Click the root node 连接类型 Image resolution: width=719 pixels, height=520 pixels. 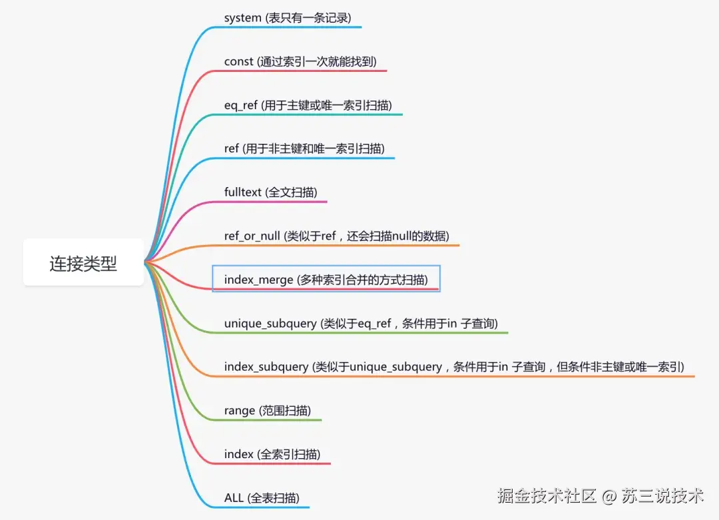pyautogui.click(x=83, y=263)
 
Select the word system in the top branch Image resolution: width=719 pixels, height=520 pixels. pyautogui.click(x=242, y=18)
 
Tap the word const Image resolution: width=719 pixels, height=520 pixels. pyautogui.click(x=238, y=61)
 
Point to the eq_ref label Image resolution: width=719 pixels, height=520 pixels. pyautogui.click(x=240, y=105)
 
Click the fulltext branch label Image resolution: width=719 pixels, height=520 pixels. pyautogui.click(x=243, y=192)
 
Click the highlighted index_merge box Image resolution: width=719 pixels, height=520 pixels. pyautogui.click(x=326, y=279)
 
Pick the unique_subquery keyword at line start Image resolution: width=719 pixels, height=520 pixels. pyautogui.click(x=270, y=324)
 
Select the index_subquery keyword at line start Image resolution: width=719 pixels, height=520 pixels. pyautogui.click(x=266, y=367)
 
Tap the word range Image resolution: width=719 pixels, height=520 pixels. pyautogui.click(x=240, y=411)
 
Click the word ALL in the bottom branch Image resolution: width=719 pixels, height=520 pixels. pyautogui.click(x=234, y=497)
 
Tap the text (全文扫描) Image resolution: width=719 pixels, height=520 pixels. pyautogui.click(x=291, y=192)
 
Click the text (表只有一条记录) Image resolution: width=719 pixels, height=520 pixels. pyautogui.click(x=308, y=18)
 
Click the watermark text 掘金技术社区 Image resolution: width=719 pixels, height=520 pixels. pyautogui.click(x=547, y=495)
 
